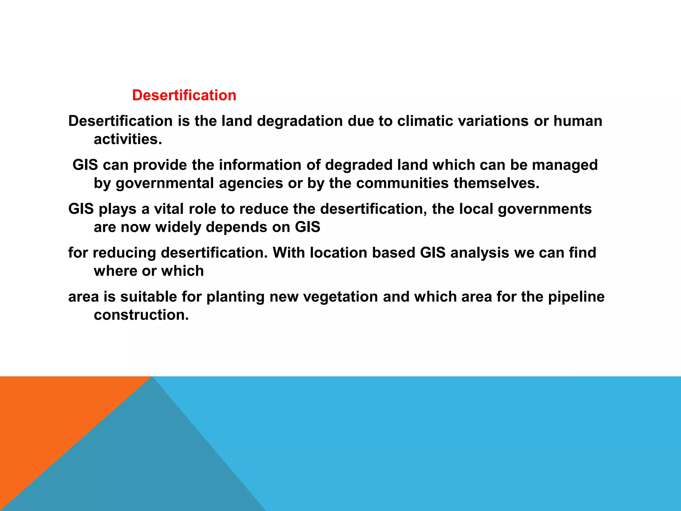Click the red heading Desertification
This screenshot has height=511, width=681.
(184, 95)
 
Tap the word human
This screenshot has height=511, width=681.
(578, 121)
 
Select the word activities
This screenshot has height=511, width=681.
(128, 139)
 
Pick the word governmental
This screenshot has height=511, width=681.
(165, 183)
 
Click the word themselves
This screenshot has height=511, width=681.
(496, 183)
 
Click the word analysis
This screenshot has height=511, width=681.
(479, 253)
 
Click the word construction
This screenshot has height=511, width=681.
(141, 315)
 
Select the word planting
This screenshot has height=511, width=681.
(235, 297)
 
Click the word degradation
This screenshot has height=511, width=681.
(300, 121)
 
